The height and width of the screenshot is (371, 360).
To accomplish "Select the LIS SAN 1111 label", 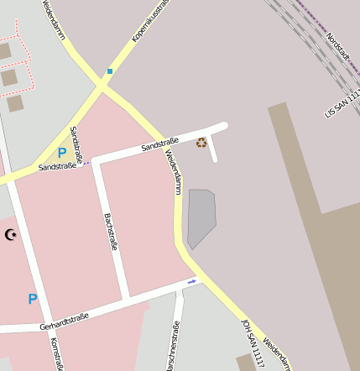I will tap(342, 98).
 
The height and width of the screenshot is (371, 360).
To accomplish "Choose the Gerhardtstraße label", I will tap(64, 321).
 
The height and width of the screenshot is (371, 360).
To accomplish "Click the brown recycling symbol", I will tap(201, 142).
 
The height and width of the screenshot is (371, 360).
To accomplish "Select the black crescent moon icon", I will tap(11, 235).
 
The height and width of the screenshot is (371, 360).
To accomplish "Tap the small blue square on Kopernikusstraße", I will tap(109, 71).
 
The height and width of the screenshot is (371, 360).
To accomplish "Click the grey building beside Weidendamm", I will tap(201, 217).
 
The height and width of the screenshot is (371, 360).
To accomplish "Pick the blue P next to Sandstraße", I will tap(61, 154).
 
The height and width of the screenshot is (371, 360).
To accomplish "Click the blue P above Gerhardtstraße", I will tap(33, 299).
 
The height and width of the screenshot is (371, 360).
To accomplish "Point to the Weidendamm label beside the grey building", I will tap(173, 171).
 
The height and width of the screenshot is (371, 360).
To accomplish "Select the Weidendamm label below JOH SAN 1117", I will tap(278, 353).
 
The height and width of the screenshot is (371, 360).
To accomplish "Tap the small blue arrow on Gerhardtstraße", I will tap(192, 282).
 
